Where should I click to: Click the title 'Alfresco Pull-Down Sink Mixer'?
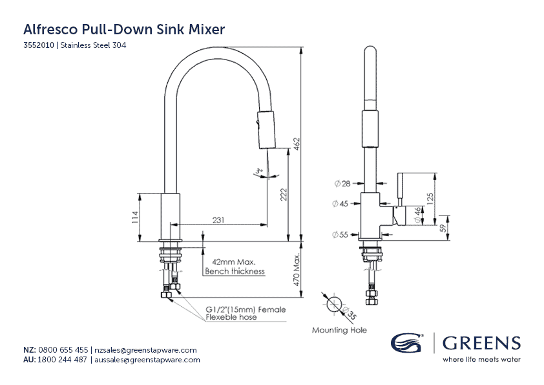[123, 29]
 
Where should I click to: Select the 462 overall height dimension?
[297, 144]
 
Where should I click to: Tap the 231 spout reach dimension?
[219, 220]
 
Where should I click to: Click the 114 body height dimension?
[134, 217]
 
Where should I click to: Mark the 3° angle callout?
[258, 171]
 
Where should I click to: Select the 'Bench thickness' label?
[235, 271]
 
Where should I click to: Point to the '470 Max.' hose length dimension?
[297, 272]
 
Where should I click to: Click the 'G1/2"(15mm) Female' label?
[246, 309]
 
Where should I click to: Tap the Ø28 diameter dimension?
[342, 184]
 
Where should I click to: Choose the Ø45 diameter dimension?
[340, 204]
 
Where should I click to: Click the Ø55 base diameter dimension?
[340, 234]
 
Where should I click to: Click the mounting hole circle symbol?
[335, 305]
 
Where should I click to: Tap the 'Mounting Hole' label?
[339, 330]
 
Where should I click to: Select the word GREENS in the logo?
[481, 344]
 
